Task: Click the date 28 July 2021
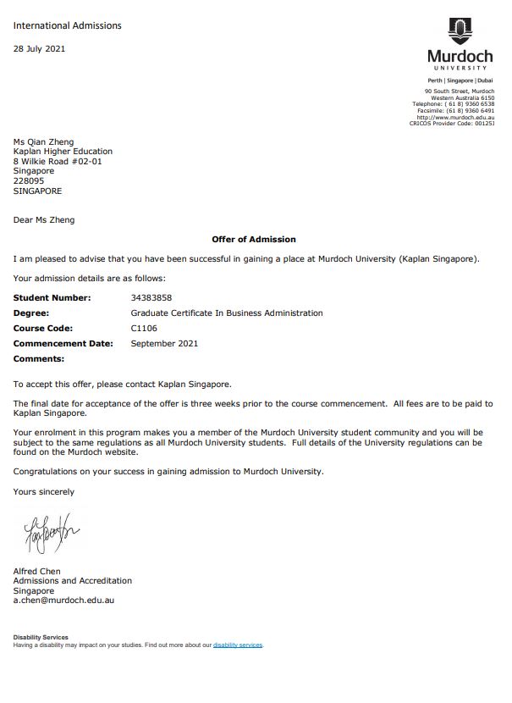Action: pyautogui.click(x=39, y=48)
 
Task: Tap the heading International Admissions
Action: pyautogui.click(x=68, y=25)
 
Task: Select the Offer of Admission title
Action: pyautogui.click(x=254, y=240)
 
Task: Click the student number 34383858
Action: pyautogui.click(x=151, y=298)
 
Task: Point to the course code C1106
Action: pyautogui.click(x=144, y=329)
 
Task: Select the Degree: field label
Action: pyautogui.click(x=31, y=313)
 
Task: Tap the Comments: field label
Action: pyautogui.click(x=39, y=359)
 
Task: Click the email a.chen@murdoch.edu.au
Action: pyautogui.click(x=63, y=600)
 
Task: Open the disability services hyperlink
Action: pyautogui.click(x=238, y=645)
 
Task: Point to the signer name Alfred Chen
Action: pyautogui.click(x=37, y=571)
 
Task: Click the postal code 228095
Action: pyautogui.click(x=29, y=180)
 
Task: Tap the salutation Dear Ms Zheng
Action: pyautogui.click(x=44, y=220)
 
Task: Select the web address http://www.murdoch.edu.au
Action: pyautogui.click(x=458, y=117)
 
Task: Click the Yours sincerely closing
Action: pyautogui.click(x=44, y=491)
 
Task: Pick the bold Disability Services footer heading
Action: pyautogui.click(x=41, y=637)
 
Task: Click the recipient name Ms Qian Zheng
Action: pyautogui.click(x=43, y=141)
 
